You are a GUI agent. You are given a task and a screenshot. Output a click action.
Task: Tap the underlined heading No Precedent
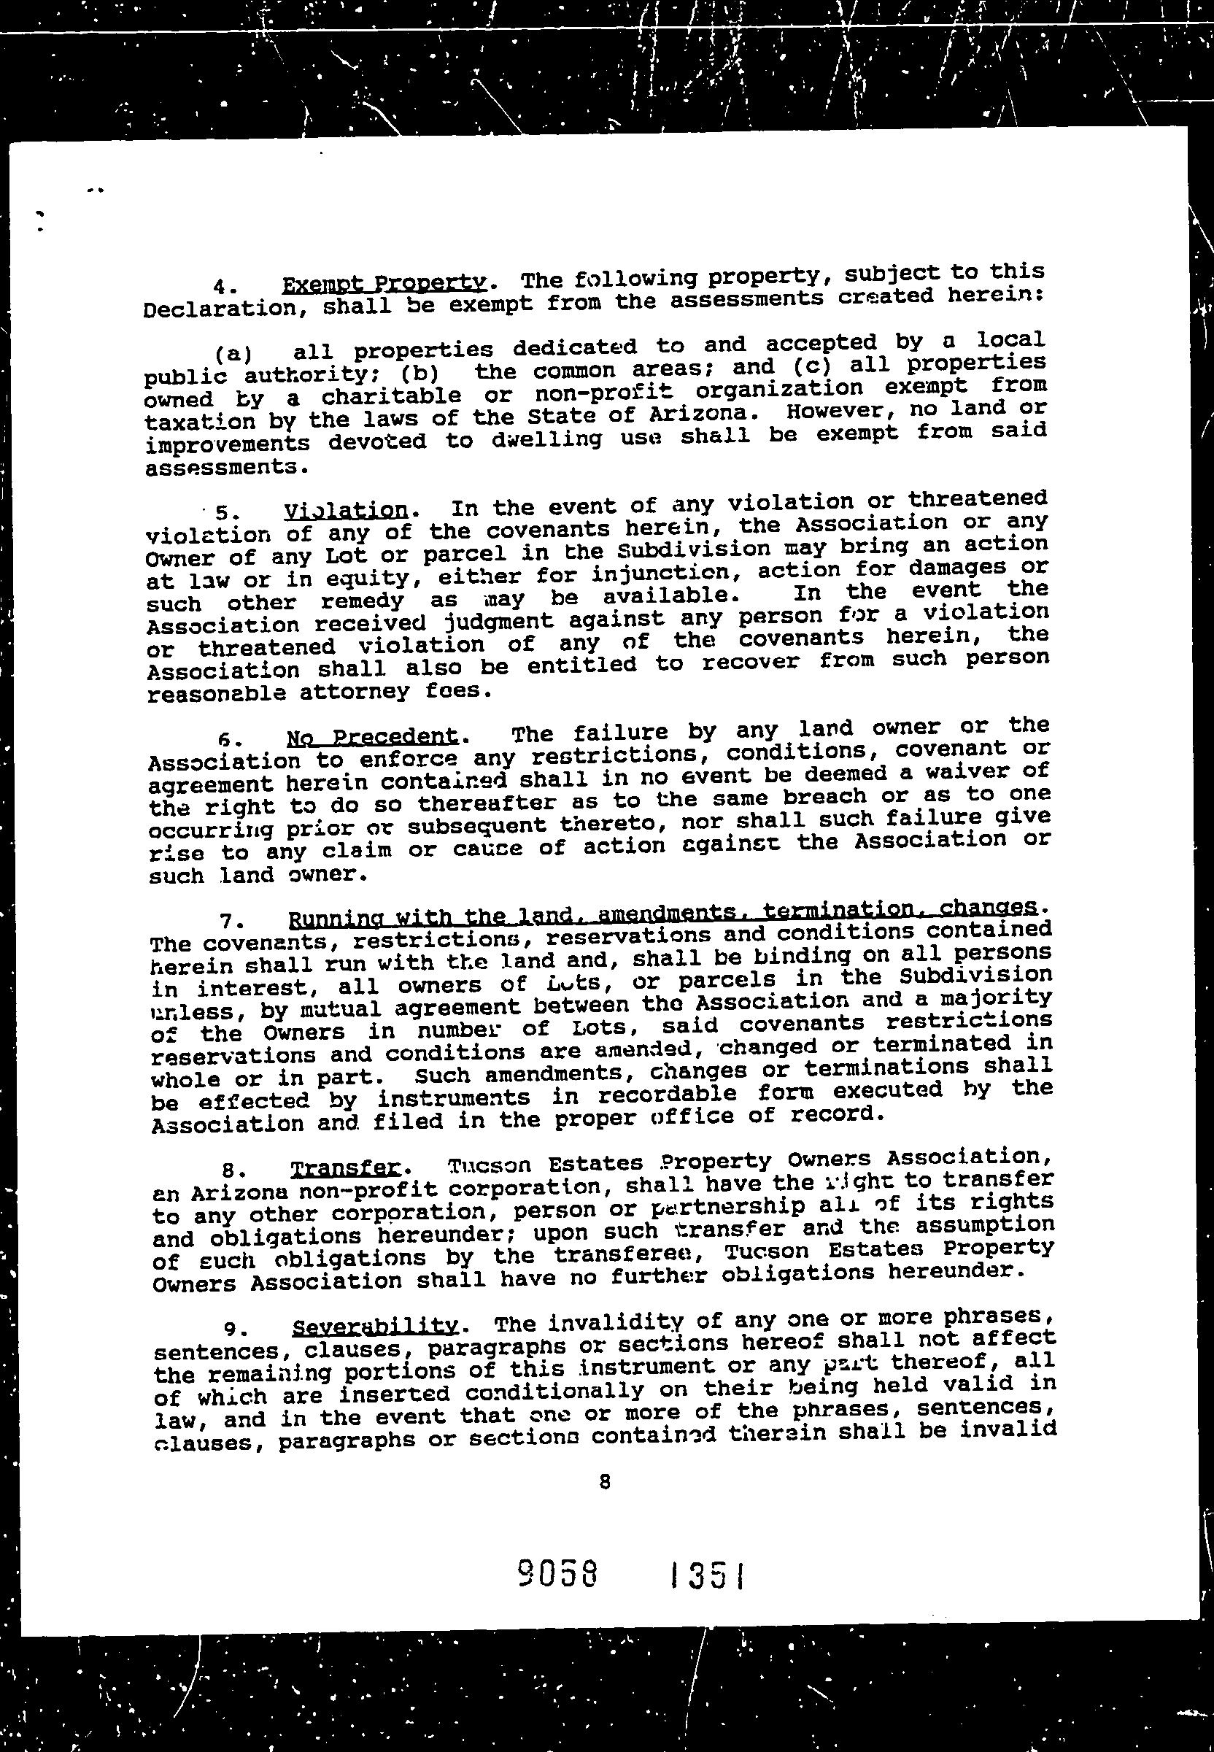pyautogui.click(x=373, y=736)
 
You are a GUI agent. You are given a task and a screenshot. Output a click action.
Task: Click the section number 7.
pyautogui.click(x=230, y=922)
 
